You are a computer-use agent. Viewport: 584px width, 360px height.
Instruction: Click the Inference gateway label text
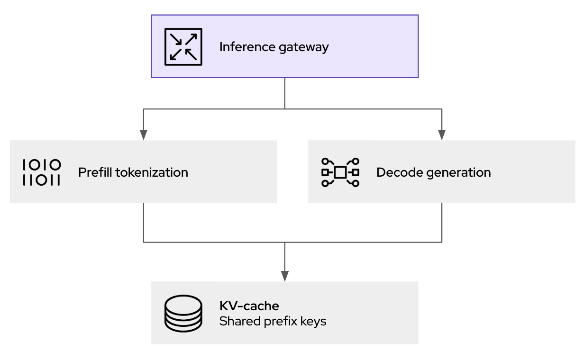[274, 47]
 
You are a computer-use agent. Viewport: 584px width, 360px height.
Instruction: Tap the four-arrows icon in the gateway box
[183, 46]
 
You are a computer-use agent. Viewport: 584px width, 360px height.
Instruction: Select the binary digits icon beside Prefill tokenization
[42, 172]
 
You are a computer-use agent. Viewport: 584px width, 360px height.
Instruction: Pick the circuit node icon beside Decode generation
[340, 172]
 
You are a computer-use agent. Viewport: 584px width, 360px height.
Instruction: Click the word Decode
[393, 172]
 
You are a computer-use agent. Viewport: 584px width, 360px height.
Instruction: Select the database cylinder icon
[183, 313]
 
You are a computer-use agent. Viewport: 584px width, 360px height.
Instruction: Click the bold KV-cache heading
[249, 305]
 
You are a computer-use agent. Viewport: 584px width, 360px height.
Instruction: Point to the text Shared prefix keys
[273, 321]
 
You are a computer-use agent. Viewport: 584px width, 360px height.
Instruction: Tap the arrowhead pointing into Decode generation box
[442, 135]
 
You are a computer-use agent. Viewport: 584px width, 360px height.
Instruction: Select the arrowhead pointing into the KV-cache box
[284, 276]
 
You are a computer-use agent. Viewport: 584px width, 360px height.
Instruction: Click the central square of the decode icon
[340, 172]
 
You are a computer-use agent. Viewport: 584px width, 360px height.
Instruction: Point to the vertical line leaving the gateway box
[284, 93]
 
